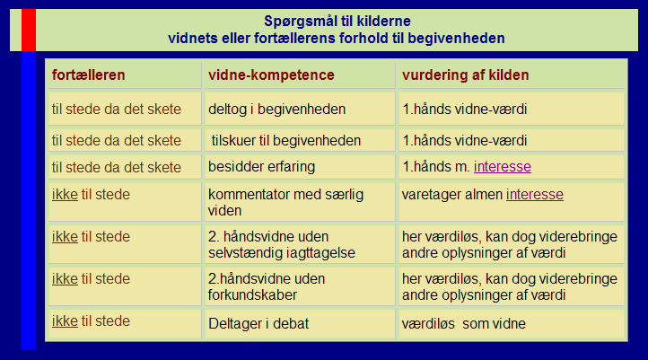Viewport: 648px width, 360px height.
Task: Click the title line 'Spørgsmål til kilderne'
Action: tap(337, 21)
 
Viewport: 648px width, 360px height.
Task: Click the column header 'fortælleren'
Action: tap(89, 75)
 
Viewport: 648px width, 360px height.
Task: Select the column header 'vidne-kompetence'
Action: tap(271, 75)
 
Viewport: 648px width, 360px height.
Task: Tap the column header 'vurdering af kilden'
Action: tap(465, 75)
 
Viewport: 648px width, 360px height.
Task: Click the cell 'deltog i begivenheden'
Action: tap(277, 110)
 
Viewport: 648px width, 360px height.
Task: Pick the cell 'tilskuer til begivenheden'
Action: tap(286, 141)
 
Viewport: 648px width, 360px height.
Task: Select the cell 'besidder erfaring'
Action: tap(261, 167)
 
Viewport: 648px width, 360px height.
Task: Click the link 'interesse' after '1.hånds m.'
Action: tap(502, 167)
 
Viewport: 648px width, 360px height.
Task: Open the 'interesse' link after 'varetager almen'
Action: tap(534, 194)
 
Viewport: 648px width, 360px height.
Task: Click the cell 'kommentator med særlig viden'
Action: tap(285, 202)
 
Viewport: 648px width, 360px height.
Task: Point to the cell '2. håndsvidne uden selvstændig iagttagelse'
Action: tap(282, 244)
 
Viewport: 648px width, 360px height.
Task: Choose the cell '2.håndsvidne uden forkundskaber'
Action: tap(267, 286)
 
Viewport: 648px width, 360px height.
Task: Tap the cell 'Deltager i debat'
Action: tap(258, 323)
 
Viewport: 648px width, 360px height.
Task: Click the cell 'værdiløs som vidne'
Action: tap(464, 323)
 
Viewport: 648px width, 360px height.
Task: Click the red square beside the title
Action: tap(29, 30)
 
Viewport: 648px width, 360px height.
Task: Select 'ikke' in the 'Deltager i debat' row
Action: tap(65, 320)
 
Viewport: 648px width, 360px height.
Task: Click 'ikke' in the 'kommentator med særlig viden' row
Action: tap(65, 194)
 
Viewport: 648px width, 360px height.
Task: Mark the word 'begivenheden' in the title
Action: tap(456, 39)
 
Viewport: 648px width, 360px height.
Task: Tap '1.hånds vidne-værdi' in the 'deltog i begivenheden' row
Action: tap(465, 110)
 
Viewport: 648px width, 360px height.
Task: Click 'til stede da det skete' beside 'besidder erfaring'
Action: tap(116, 167)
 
